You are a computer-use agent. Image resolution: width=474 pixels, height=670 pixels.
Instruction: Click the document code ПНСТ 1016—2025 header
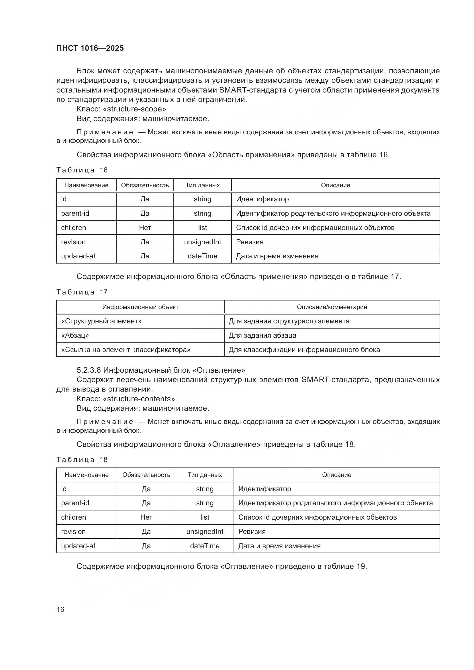[x=90, y=48]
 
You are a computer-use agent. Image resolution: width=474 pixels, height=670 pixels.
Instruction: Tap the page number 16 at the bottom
[x=60, y=609]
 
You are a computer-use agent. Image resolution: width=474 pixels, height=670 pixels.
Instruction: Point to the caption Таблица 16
[x=82, y=170]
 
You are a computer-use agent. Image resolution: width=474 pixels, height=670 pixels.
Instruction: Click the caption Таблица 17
[x=82, y=292]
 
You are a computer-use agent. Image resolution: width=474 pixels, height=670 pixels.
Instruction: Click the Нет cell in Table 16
[x=145, y=228]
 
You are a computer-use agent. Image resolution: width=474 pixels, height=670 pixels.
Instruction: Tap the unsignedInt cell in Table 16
[x=202, y=242]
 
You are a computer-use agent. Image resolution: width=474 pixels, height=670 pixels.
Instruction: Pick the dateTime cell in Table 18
[x=205, y=546]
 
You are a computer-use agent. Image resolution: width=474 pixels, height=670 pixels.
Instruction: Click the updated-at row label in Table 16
[x=78, y=256]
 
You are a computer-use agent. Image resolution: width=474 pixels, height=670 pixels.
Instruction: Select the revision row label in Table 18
[x=73, y=532]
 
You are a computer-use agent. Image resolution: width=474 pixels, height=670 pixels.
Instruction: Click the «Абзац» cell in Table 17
[x=75, y=336]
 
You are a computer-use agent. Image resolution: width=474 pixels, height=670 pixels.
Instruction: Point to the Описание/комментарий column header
[x=332, y=307]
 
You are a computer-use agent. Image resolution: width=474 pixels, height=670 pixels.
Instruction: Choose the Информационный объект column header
[x=140, y=307]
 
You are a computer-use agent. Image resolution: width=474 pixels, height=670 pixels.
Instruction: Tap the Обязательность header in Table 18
[x=146, y=475]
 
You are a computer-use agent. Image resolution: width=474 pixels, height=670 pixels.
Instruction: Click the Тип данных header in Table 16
[x=203, y=185]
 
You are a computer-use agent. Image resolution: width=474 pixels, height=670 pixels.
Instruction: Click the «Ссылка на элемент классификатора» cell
[x=126, y=350]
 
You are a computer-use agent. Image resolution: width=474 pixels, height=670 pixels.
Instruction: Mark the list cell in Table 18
[x=205, y=517]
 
